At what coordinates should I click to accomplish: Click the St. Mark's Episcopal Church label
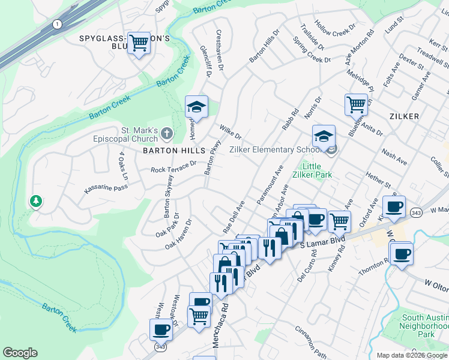130,134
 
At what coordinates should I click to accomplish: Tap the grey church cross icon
166,133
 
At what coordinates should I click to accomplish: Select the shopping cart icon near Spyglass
139,43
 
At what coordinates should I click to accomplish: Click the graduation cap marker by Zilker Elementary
324,136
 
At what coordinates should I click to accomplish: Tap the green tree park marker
37,201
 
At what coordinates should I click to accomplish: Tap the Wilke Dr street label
230,131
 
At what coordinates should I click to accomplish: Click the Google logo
20,353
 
